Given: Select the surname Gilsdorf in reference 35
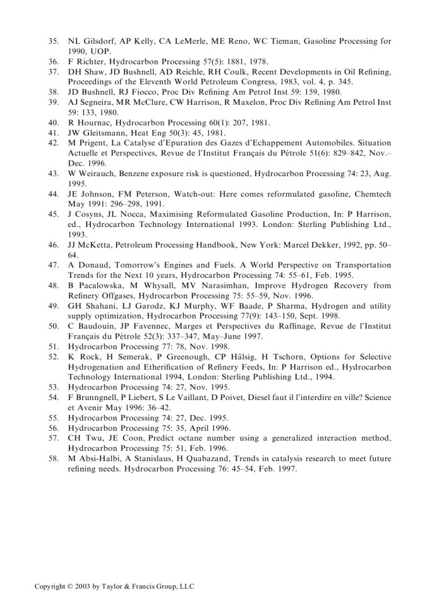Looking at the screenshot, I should pyautogui.click(x=96, y=41).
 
